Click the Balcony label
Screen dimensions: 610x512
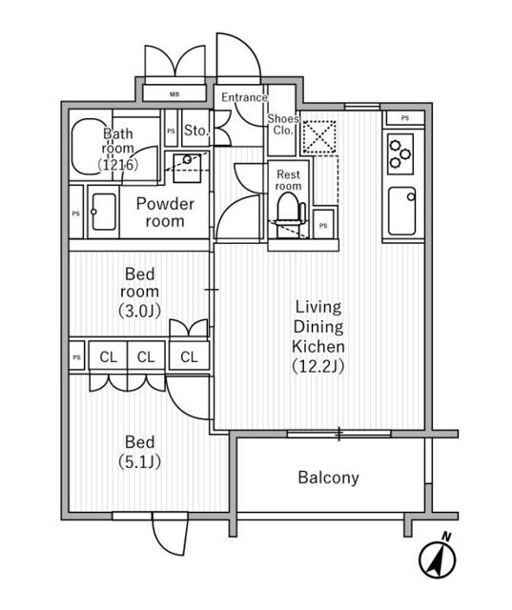pos(328,478)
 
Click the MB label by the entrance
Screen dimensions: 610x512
pos(174,93)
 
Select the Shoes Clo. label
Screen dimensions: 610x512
pos(282,125)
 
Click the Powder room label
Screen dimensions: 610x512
pos(164,212)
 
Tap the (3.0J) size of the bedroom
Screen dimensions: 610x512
pos(140,309)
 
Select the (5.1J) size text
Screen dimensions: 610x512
pos(140,462)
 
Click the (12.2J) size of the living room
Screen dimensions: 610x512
pos(317,365)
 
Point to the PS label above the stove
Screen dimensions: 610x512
pos(406,117)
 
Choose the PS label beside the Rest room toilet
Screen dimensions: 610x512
pos(324,226)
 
